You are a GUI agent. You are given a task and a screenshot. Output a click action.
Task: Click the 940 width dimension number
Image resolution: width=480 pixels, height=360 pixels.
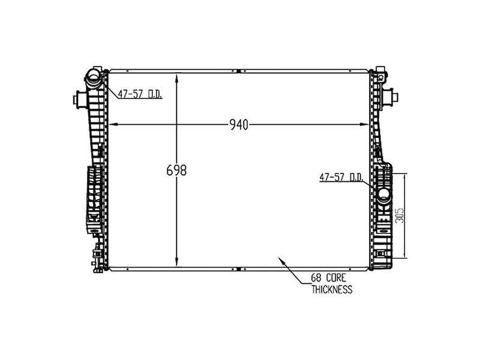(239, 125)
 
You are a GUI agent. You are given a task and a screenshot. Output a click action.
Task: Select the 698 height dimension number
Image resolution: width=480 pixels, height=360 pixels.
(176, 170)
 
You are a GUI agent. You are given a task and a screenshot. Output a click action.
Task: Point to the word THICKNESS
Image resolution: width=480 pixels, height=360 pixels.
(331, 289)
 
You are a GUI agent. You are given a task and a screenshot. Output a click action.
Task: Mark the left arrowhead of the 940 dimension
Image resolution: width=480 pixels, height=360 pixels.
(110, 125)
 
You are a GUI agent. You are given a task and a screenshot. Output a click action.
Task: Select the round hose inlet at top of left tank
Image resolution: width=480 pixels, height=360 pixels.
(94, 76)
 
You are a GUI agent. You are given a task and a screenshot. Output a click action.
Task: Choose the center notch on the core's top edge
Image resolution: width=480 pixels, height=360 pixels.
(238, 71)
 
